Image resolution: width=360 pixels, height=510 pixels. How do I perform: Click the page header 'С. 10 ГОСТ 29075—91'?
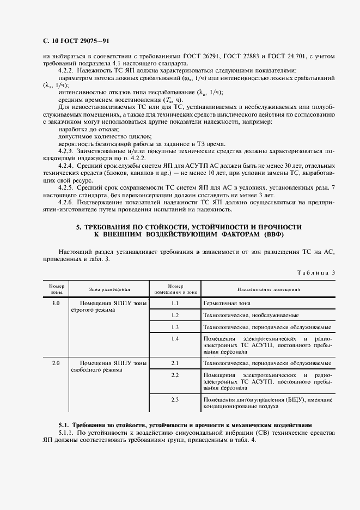(x=76, y=41)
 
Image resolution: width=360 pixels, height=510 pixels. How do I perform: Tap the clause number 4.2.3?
(x=66, y=149)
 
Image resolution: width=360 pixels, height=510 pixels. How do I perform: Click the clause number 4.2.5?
(x=66, y=186)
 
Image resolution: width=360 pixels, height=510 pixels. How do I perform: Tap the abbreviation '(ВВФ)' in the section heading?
(x=273, y=234)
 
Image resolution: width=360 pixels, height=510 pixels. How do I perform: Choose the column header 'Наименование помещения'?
(x=267, y=289)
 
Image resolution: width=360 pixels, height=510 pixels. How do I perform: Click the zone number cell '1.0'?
(x=56, y=303)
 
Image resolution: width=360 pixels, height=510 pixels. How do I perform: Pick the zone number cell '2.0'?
(x=56, y=363)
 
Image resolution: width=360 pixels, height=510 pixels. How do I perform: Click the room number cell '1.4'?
(x=175, y=339)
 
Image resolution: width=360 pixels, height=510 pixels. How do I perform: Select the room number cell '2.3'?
(x=175, y=400)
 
